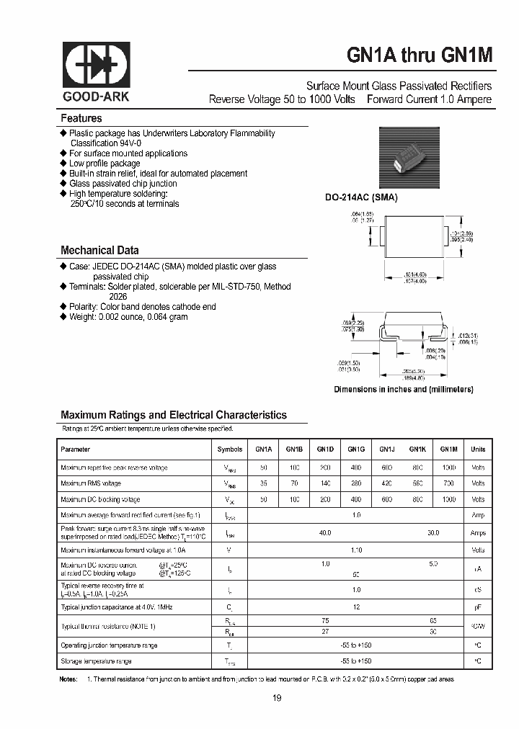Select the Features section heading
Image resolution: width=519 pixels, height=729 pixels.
[81, 119]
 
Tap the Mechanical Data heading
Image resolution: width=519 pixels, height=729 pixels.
[99, 251]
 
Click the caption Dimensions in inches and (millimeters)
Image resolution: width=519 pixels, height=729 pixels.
[403, 389]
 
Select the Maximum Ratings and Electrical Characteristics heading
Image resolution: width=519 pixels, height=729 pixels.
[173, 415]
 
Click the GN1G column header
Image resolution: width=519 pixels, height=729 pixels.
[355, 449]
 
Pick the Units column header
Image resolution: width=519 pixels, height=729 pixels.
[478, 449]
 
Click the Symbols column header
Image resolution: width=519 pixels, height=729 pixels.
[230, 449]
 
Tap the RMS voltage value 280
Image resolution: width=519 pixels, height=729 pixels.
[355, 483]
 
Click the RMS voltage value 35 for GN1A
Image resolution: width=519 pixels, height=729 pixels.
[263, 483]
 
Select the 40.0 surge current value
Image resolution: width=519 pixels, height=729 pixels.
[325, 532]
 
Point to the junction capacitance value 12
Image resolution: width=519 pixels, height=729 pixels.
[355, 607]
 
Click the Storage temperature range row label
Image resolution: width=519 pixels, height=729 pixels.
[96, 661]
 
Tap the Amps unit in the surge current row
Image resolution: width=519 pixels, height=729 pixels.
[478, 533]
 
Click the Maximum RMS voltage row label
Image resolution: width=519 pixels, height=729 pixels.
[91, 483]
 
